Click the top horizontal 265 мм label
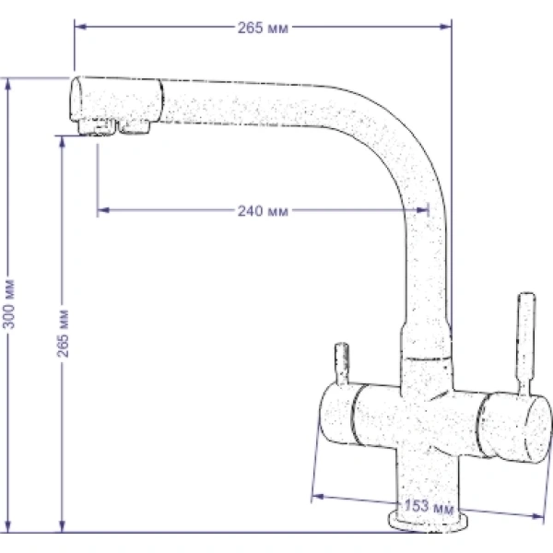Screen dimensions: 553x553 click(x=263, y=28)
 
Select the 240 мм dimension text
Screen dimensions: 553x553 click(x=263, y=211)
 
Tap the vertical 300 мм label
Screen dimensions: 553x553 click(x=9, y=304)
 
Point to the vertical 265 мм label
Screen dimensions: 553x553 click(x=63, y=334)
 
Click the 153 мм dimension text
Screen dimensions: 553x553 click(x=429, y=507)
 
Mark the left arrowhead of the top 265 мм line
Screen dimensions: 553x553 click(x=80, y=27)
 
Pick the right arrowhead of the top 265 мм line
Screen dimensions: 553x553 click(x=446, y=27)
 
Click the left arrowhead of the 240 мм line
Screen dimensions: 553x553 click(x=103, y=210)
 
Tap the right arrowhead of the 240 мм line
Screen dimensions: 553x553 click(x=422, y=210)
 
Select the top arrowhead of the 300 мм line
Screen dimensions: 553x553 click(x=8, y=84)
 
